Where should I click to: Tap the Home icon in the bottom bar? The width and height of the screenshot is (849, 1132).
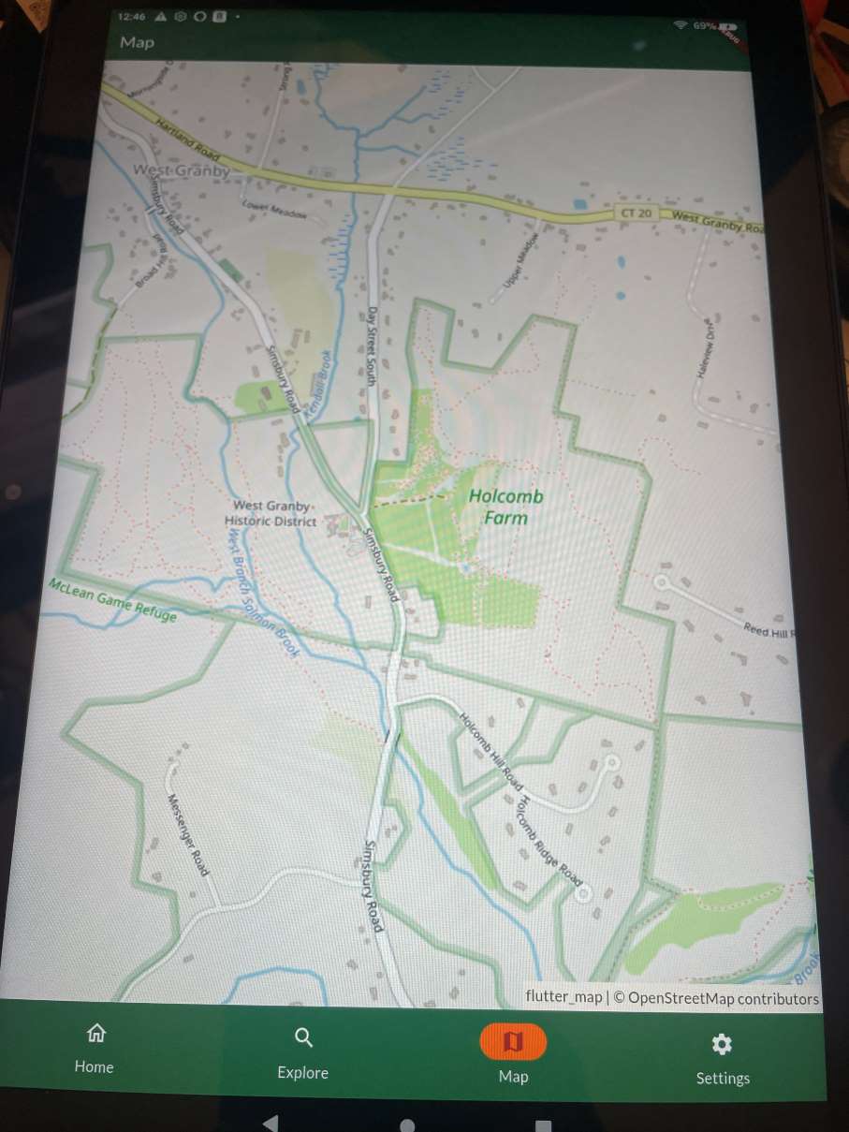[x=95, y=1034]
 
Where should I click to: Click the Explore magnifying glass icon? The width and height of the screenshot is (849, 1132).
[x=303, y=1037]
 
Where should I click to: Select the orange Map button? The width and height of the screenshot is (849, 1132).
[x=513, y=1041]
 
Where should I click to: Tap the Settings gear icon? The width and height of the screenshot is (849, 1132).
[x=722, y=1045]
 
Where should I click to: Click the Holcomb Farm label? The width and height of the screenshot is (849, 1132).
[x=505, y=507]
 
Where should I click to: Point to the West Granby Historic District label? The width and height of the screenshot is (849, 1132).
[x=270, y=513]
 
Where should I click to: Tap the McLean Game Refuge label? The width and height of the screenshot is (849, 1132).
[x=112, y=599]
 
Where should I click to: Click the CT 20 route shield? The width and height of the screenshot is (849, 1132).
[x=635, y=213]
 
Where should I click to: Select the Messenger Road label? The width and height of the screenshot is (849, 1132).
[x=187, y=834]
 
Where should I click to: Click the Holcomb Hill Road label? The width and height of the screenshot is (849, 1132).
[x=490, y=748]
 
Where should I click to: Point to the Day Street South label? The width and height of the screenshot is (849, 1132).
[x=371, y=346]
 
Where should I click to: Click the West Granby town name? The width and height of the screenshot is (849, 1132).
[x=181, y=170]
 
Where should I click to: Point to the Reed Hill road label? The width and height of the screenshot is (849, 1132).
[x=768, y=631]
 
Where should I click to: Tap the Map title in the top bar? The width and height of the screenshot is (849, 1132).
[x=137, y=42]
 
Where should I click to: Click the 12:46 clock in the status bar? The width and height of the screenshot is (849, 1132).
[x=133, y=16]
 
